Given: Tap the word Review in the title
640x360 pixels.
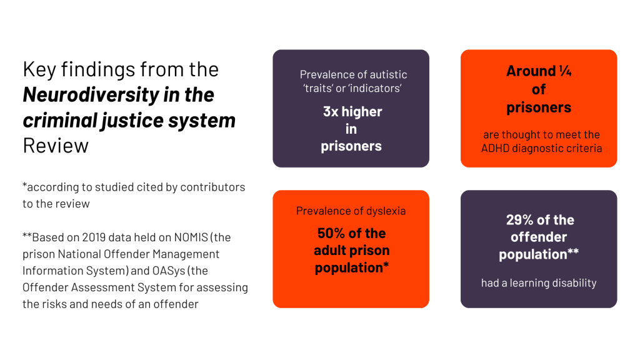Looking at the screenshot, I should [x=56, y=145].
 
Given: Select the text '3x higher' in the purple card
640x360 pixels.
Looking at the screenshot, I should [x=351, y=112].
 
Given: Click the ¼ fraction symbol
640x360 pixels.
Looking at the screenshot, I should [x=565, y=71].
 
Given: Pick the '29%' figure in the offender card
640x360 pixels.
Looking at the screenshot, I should [x=520, y=220].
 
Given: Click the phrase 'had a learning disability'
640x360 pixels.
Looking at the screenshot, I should [x=539, y=283].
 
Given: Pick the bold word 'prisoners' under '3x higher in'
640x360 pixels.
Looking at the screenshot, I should [x=351, y=146].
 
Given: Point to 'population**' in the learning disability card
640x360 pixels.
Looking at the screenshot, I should [x=539, y=254].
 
